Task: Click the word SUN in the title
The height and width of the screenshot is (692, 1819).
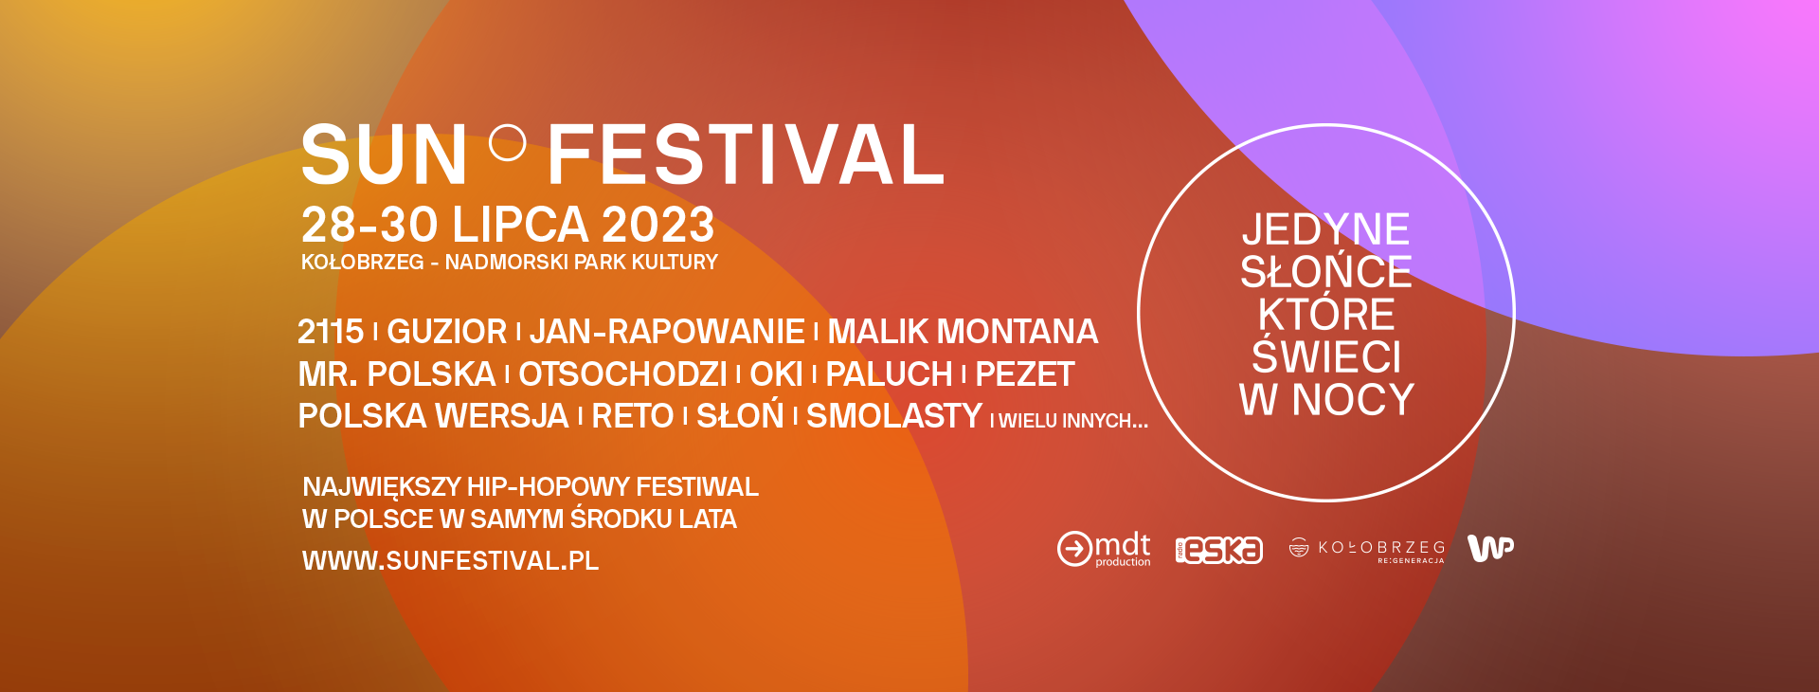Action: pyautogui.click(x=384, y=155)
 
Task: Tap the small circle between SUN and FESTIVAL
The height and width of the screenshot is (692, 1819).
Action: pyautogui.click(x=508, y=143)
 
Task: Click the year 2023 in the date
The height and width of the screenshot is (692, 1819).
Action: pyautogui.click(x=657, y=226)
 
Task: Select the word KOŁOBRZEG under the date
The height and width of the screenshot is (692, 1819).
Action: pyautogui.click(x=362, y=263)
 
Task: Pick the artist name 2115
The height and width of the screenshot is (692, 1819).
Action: pyautogui.click(x=331, y=332)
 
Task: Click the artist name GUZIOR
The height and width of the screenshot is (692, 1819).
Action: pyautogui.click(x=447, y=332)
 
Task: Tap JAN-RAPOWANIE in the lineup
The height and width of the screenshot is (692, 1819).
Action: pyautogui.click(x=667, y=332)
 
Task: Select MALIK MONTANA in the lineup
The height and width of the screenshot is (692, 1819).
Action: pyautogui.click(x=963, y=332)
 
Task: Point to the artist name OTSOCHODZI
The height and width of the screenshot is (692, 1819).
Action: pyautogui.click(x=622, y=374)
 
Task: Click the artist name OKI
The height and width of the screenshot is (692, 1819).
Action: pyautogui.click(x=776, y=374)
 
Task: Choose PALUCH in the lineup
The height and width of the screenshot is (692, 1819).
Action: pyautogui.click(x=889, y=374)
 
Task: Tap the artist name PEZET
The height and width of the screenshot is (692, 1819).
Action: pyautogui.click(x=1025, y=374)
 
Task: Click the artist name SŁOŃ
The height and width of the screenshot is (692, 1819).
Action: pyautogui.click(x=740, y=415)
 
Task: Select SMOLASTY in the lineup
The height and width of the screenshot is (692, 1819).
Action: pyautogui.click(x=894, y=416)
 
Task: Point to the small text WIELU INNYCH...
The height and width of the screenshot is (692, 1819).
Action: pyautogui.click(x=1073, y=421)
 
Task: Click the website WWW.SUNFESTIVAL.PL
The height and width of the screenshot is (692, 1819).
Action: pyautogui.click(x=450, y=561)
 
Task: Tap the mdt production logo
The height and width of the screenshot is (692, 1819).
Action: pyautogui.click(x=1104, y=549)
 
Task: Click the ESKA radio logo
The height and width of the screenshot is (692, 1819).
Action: pyautogui.click(x=1219, y=551)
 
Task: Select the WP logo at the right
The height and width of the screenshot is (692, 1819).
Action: pyautogui.click(x=1490, y=548)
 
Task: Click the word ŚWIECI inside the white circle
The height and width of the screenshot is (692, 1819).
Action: pyautogui.click(x=1326, y=356)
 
